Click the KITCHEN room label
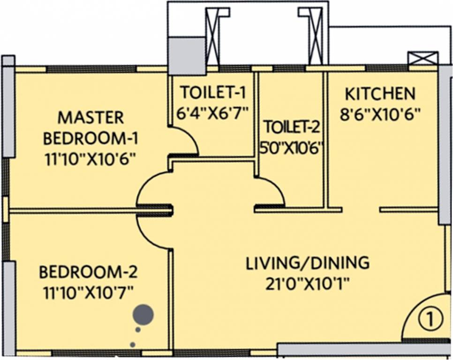tap(380, 93)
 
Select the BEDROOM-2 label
tap(88, 271)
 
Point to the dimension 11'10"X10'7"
tap(88, 292)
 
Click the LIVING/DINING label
tap(308, 262)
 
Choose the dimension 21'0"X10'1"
tap(308, 283)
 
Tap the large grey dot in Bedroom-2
tap(143, 315)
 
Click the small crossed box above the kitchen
tap(423, 59)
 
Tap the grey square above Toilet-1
tap(187, 55)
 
